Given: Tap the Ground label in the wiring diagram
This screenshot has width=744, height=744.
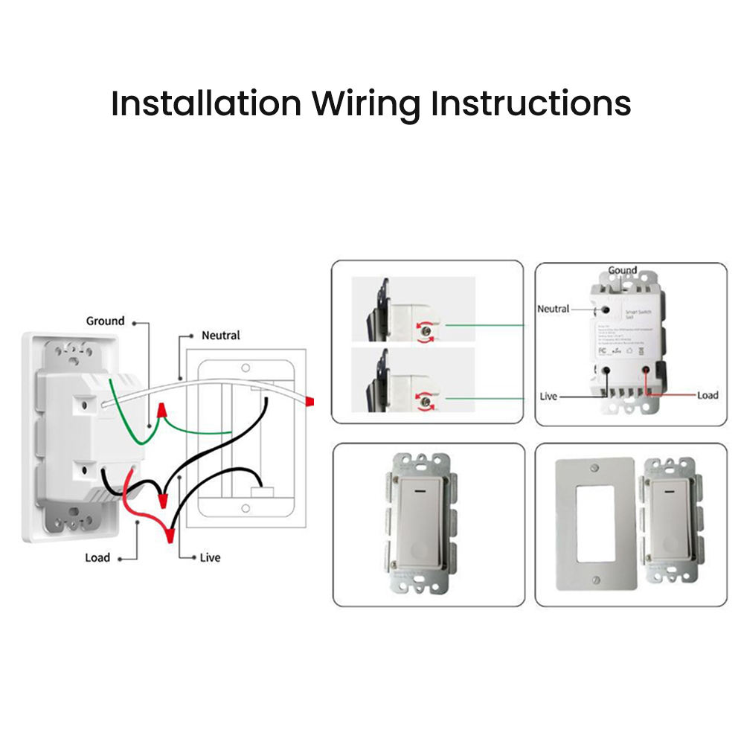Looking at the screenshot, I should click(x=105, y=321).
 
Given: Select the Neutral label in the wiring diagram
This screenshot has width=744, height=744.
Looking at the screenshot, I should click(x=220, y=336).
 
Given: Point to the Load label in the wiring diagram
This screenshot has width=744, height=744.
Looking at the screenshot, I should click(x=97, y=557).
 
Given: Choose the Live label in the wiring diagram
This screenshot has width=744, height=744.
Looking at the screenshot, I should click(x=210, y=557).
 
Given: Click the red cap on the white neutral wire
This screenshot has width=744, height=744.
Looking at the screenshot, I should click(x=309, y=402).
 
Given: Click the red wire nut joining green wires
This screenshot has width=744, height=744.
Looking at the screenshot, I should click(x=160, y=410).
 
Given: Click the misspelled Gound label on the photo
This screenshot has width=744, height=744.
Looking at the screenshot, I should click(x=622, y=270).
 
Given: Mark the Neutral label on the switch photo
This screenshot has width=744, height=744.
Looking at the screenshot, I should click(x=553, y=308).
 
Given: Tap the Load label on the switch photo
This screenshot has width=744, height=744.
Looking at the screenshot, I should click(x=708, y=395).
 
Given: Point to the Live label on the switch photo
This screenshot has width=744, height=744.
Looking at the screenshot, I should click(x=548, y=396).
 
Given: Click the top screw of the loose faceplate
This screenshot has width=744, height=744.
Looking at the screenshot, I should click(x=593, y=468).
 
